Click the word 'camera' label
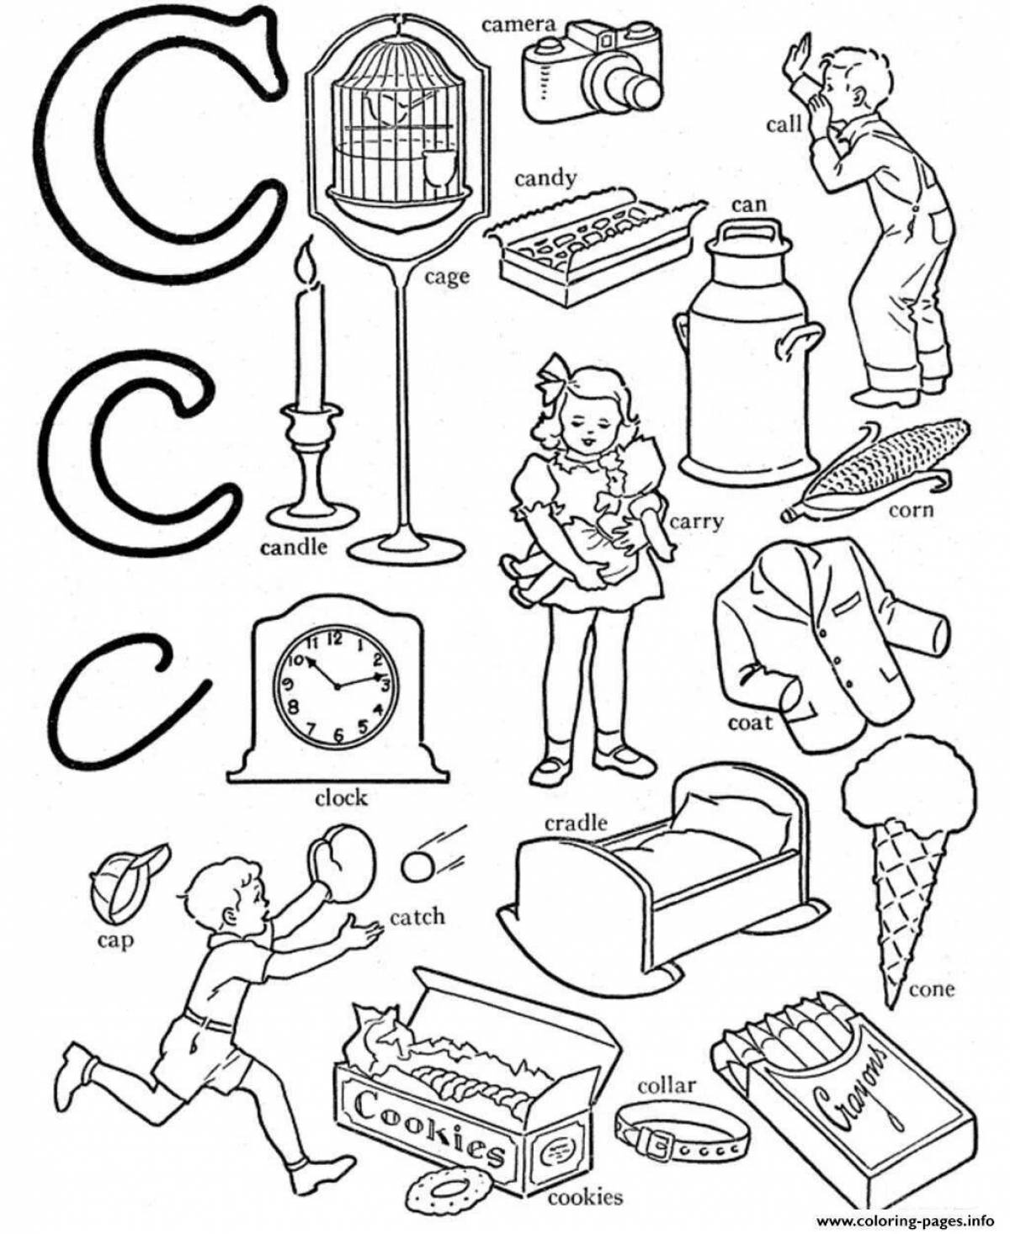(x=519, y=24)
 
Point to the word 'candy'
(x=545, y=178)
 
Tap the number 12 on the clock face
(x=334, y=639)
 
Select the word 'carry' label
(x=696, y=522)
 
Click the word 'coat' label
(x=749, y=722)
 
